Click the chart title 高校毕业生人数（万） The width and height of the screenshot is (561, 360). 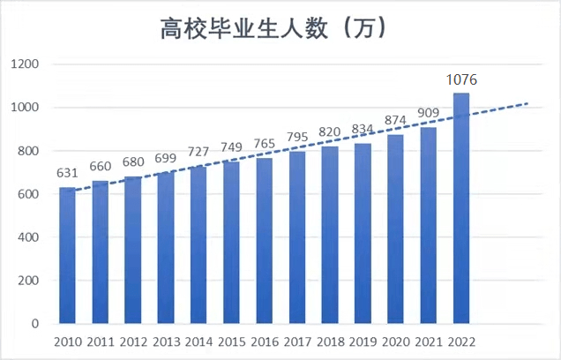click(275, 29)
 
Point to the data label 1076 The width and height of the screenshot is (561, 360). click(461, 80)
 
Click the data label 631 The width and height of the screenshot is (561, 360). click(67, 174)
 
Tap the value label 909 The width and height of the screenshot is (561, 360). click(429, 114)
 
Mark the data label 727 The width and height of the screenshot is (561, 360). click(198, 152)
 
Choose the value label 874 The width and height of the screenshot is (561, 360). click(396, 121)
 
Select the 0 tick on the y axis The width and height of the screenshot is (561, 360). click(36, 324)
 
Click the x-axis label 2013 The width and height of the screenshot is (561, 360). click(166, 341)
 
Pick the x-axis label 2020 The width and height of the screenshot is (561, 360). click(396, 341)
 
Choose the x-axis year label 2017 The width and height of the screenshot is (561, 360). click(297, 341)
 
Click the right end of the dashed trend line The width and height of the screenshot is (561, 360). click(527, 103)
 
